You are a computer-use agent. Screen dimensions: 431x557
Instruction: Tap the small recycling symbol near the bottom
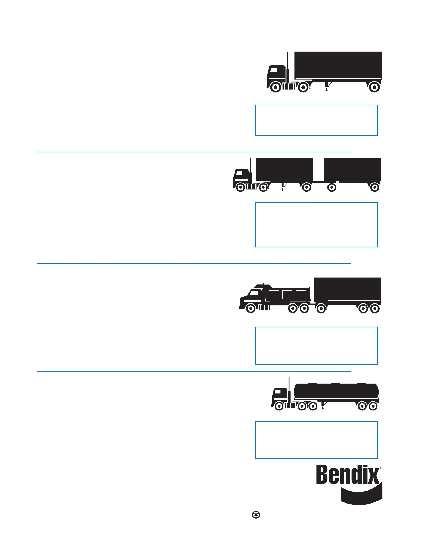(256, 515)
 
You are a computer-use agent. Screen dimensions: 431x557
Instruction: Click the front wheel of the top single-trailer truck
(276, 87)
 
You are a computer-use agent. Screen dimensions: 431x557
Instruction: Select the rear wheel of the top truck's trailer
(374, 87)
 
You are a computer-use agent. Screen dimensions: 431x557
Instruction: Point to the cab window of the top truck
(274, 70)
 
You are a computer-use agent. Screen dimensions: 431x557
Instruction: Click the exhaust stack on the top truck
(288, 65)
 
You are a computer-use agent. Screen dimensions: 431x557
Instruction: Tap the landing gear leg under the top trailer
(327, 87)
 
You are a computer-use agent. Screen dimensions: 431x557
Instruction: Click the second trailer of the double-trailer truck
(352, 169)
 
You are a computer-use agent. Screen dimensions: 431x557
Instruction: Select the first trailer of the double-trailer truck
(285, 169)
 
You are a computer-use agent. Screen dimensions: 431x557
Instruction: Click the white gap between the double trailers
(319, 169)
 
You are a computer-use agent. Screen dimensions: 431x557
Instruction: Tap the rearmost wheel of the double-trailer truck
(375, 187)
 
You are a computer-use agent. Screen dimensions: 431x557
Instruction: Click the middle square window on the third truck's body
(287, 295)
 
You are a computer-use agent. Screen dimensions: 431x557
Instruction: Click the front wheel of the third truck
(251, 308)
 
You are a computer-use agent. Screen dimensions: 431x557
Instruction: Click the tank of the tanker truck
(336, 391)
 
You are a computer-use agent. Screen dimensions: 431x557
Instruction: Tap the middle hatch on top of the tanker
(336, 383)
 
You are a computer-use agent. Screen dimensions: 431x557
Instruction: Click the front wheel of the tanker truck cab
(279, 406)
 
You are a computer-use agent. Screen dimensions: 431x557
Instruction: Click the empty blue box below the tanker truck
(316, 440)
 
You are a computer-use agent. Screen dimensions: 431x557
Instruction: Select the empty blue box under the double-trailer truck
(316, 224)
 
